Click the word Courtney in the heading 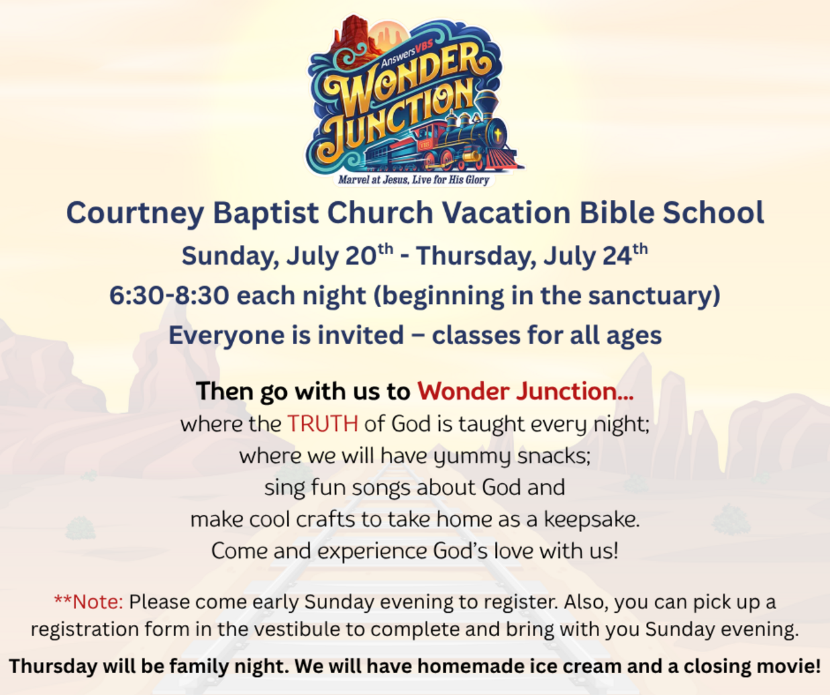pos(135,214)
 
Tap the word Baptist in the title pos(266,213)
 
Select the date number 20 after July pos(360,255)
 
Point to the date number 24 pos(617,255)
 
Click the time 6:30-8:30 pos(170,296)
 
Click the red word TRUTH pos(323,424)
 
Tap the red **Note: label pos(89,602)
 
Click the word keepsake pos(592,519)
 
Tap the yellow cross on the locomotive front pos(498,135)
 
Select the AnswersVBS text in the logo pos(407,54)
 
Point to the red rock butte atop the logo pos(353,36)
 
